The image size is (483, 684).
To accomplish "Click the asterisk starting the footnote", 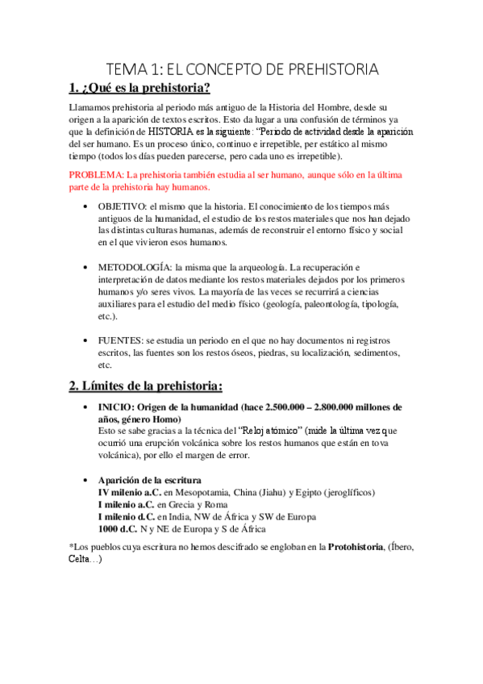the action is [72, 548].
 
